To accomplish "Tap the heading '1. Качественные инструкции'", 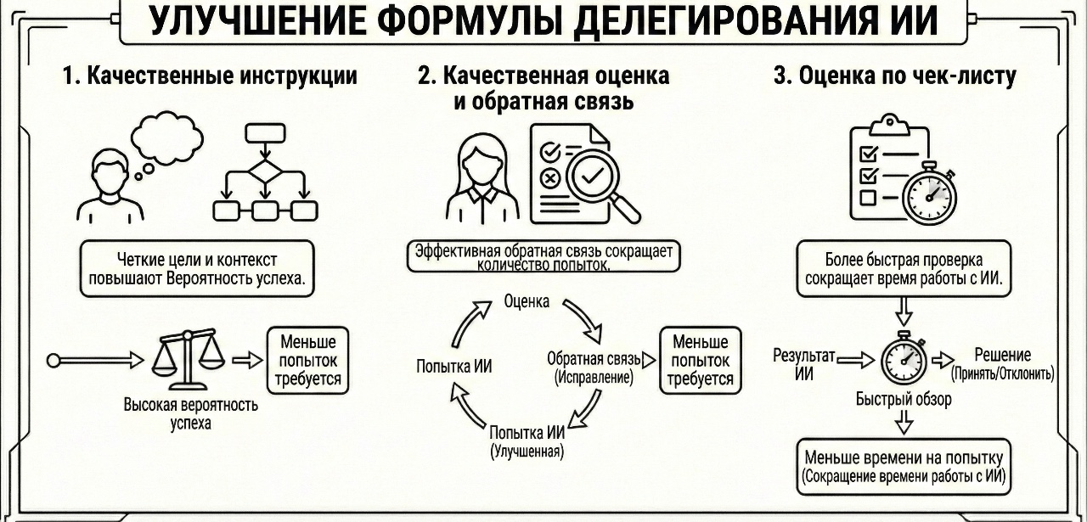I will click(x=210, y=76).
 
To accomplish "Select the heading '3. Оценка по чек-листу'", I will click(x=895, y=76).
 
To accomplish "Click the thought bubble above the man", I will click(x=167, y=137).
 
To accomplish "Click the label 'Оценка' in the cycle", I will click(x=527, y=301).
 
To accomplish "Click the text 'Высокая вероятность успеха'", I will click(x=191, y=413).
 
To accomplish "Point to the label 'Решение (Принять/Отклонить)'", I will click(x=1003, y=364).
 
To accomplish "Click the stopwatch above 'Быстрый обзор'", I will click(x=902, y=358).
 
